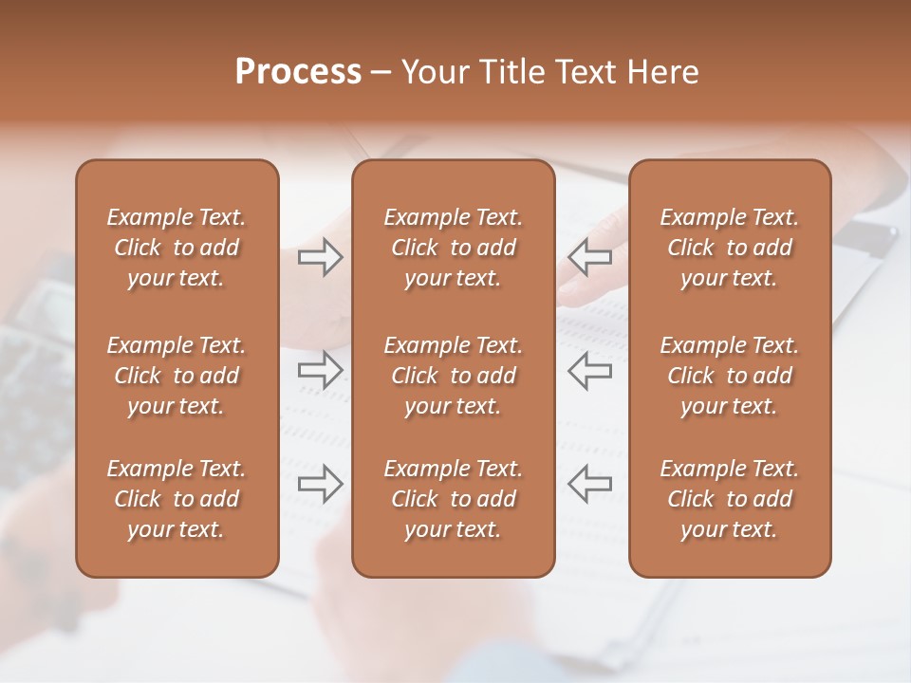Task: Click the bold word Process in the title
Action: (x=298, y=72)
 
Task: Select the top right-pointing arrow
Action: (x=320, y=257)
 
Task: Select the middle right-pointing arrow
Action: (x=320, y=371)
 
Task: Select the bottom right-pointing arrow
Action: (x=320, y=484)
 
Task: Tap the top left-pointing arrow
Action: (x=590, y=257)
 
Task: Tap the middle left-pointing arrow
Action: (x=590, y=371)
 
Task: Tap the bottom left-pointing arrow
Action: (x=590, y=484)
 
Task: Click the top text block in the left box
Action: (x=177, y=248)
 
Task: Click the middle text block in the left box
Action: (x=177, y=376)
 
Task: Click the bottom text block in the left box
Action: (x=177, y=499)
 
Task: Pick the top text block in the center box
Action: (x=453, y=248)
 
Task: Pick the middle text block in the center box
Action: (x=453, y=376)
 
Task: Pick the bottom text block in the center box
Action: (x=453, y=499)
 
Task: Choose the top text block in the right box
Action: (x=729, y=248)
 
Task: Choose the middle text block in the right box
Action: (x=729, y=376)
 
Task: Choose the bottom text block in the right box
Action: (x=729, y=499)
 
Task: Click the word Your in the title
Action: (x=435, y=72)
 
